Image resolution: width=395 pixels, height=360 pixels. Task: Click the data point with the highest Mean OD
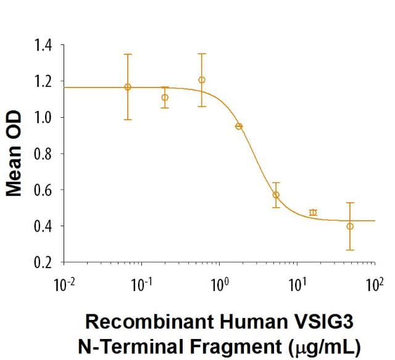tap(202, 80)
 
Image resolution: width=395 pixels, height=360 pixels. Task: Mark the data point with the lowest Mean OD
tap(350, 226)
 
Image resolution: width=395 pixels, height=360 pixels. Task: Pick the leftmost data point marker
tap(128, 87)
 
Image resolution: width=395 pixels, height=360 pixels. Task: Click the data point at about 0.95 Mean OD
tap(239, 126)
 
